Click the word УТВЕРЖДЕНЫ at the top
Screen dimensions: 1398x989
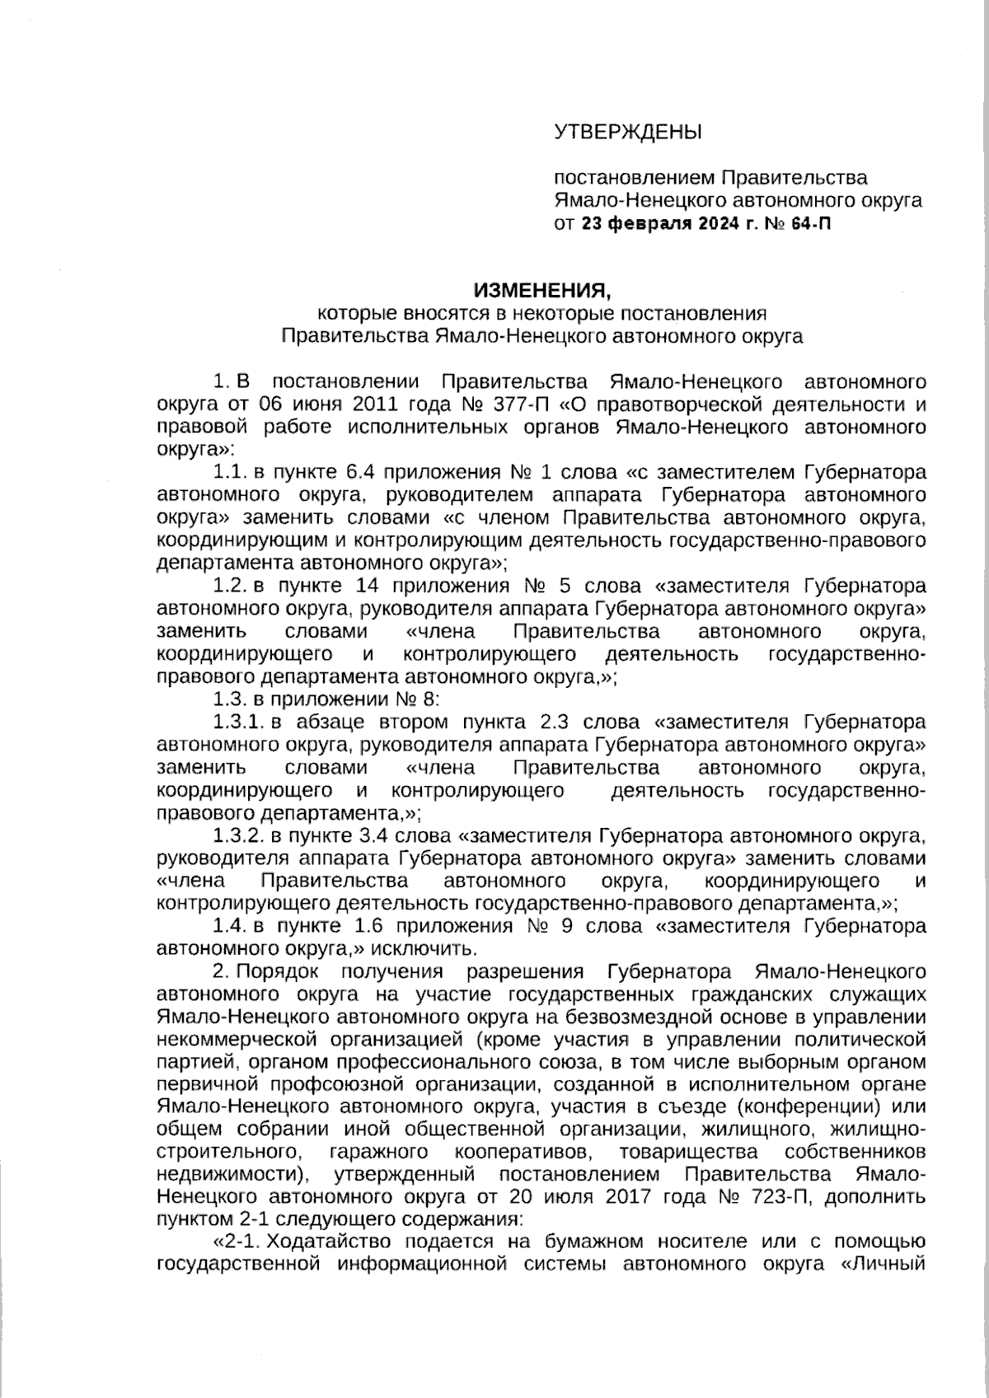(x=627, y=131)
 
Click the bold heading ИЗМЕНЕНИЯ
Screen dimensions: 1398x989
(x=543, y=290)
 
